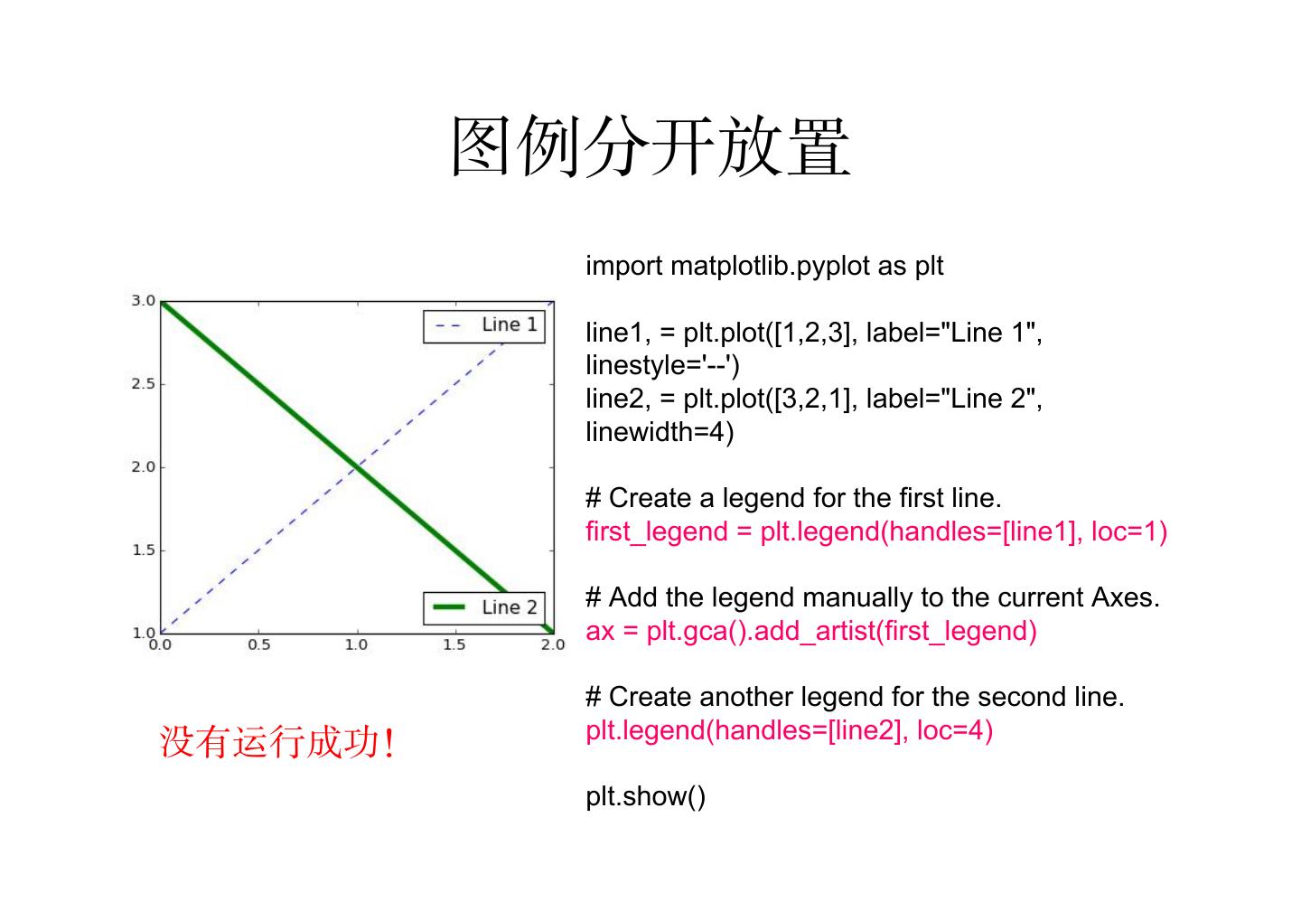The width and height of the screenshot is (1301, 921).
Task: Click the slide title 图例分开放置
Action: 650,146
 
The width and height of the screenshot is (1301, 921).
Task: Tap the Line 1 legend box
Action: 483,326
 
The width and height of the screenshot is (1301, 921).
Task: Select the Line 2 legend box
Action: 483,607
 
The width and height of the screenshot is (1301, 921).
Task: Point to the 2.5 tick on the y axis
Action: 144,384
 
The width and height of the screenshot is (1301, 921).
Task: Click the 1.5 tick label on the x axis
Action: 454,645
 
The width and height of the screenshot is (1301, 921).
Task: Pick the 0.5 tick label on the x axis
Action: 258,645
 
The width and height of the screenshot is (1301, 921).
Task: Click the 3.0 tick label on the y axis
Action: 144,301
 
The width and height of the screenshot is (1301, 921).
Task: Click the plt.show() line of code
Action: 645,796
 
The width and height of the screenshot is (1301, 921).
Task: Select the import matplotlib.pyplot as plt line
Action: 764,267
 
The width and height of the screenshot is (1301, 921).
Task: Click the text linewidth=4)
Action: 660,432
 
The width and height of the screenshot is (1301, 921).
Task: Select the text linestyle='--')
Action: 662,366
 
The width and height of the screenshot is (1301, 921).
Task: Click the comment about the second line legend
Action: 855,697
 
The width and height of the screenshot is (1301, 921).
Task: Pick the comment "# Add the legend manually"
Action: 872,597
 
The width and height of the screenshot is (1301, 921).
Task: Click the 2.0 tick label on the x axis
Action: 553,645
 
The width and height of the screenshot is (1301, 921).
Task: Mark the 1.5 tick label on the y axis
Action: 144,550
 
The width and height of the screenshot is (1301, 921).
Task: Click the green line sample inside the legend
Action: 449,607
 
